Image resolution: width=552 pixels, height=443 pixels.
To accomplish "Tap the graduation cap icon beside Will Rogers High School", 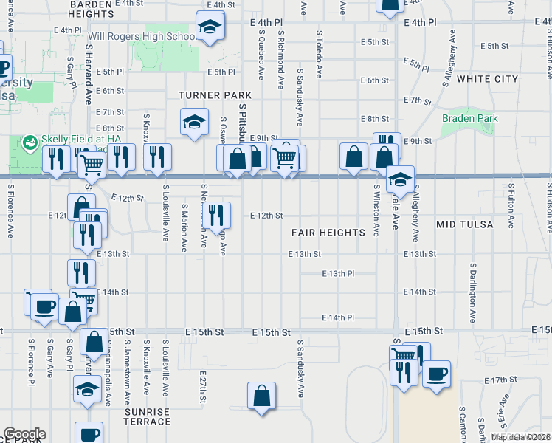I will click(210, 28).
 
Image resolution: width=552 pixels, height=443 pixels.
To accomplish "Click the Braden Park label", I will click(470, 118).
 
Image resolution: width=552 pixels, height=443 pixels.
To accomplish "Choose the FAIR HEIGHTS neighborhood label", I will click(328, 232).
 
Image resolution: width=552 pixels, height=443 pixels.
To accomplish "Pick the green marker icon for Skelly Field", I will click(30, 141).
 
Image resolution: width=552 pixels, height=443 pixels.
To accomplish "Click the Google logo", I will click(24, 434).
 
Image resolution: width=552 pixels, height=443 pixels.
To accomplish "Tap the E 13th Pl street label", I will click(339, 273).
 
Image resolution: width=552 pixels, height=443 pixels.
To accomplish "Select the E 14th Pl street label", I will click(339, 317).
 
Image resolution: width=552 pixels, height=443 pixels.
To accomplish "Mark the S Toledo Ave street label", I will click(320, 54).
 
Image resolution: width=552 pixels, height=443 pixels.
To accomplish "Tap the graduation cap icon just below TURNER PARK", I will click(193, 122).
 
